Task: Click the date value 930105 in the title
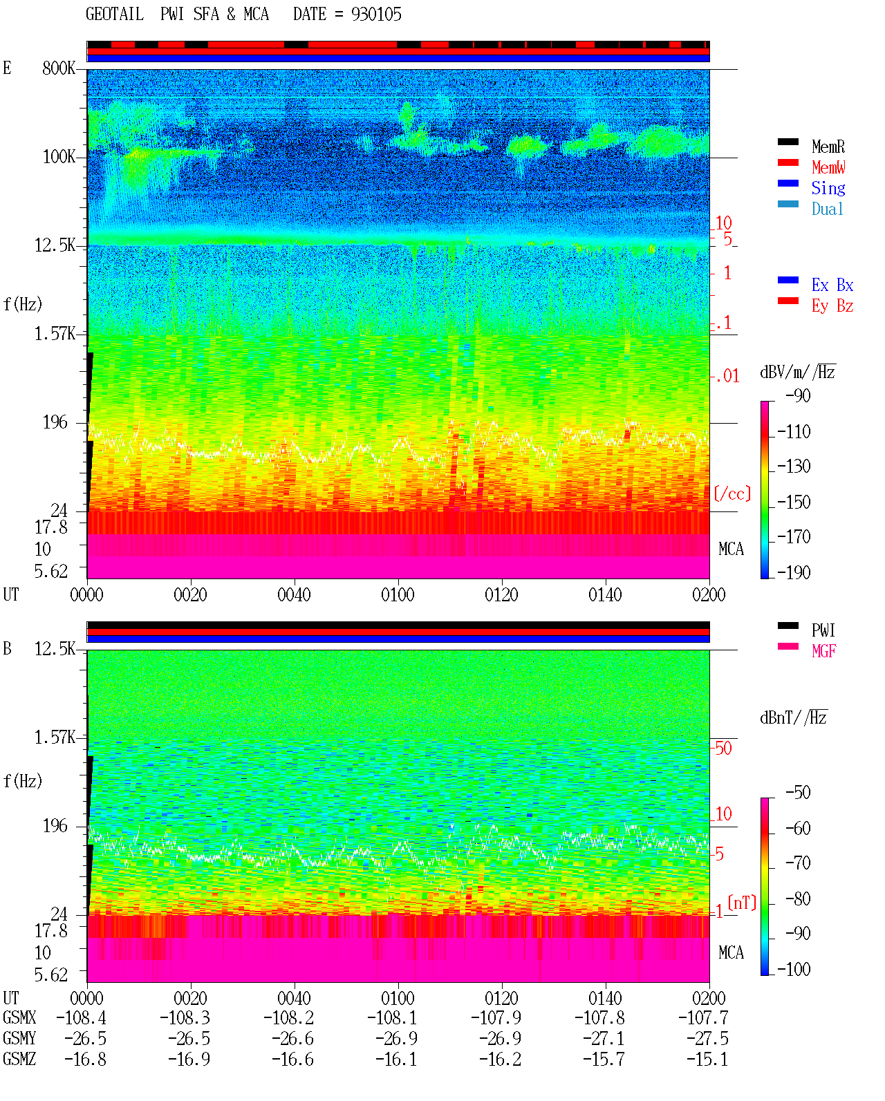[376, 15]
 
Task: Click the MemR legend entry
[828, 147]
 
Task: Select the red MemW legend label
[828, 167]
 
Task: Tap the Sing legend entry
[828, 188]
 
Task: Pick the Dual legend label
[827, 209]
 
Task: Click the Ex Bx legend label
[832, 285]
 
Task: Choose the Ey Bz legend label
[832, 306]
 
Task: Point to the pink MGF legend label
[823, 651]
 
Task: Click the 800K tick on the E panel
[59, 68]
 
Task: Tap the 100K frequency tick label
[59, 157]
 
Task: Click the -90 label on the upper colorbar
[798, 395]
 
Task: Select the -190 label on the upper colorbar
[794, 572]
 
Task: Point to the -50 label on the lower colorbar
[798, 793]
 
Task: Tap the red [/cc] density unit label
[732, 493]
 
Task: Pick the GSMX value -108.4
[81, 1017]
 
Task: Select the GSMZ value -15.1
[707, 1059]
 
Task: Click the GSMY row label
[19, 1038]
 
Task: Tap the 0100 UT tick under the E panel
[398, 594]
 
